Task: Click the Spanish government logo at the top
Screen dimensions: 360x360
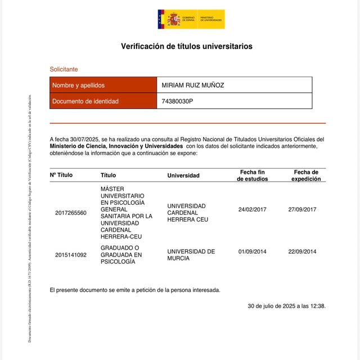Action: (191, 20)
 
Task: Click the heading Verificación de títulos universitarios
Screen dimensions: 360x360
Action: (187, 46)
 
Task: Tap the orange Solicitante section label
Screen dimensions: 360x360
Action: (64, 69)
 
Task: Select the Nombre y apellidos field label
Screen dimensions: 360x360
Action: (78, 85)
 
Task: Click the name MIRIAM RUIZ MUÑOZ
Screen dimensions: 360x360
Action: (193, 85)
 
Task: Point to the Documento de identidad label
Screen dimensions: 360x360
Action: (85, 101)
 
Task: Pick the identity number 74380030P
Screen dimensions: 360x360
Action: (177, 101)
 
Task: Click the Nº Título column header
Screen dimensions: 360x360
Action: (61, 175)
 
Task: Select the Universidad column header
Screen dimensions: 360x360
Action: (183, 175)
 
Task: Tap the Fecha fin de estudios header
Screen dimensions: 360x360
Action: (252, 175)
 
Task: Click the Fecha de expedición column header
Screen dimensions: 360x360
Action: (306, 175)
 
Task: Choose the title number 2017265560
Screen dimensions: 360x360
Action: (71, 213)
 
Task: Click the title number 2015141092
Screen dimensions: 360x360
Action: (71, 255)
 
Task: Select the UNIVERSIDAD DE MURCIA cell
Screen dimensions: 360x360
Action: (191, 255)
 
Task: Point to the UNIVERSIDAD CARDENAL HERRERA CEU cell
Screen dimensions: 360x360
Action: (187, 213)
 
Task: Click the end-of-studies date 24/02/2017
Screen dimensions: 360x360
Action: (252, 209)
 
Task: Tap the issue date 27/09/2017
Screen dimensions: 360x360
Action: (302, 209)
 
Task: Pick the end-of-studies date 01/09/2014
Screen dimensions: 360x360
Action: (252, 251)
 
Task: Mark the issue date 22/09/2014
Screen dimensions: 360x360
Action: (302, 251)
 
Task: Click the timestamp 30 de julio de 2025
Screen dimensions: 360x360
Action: (286, 307)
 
